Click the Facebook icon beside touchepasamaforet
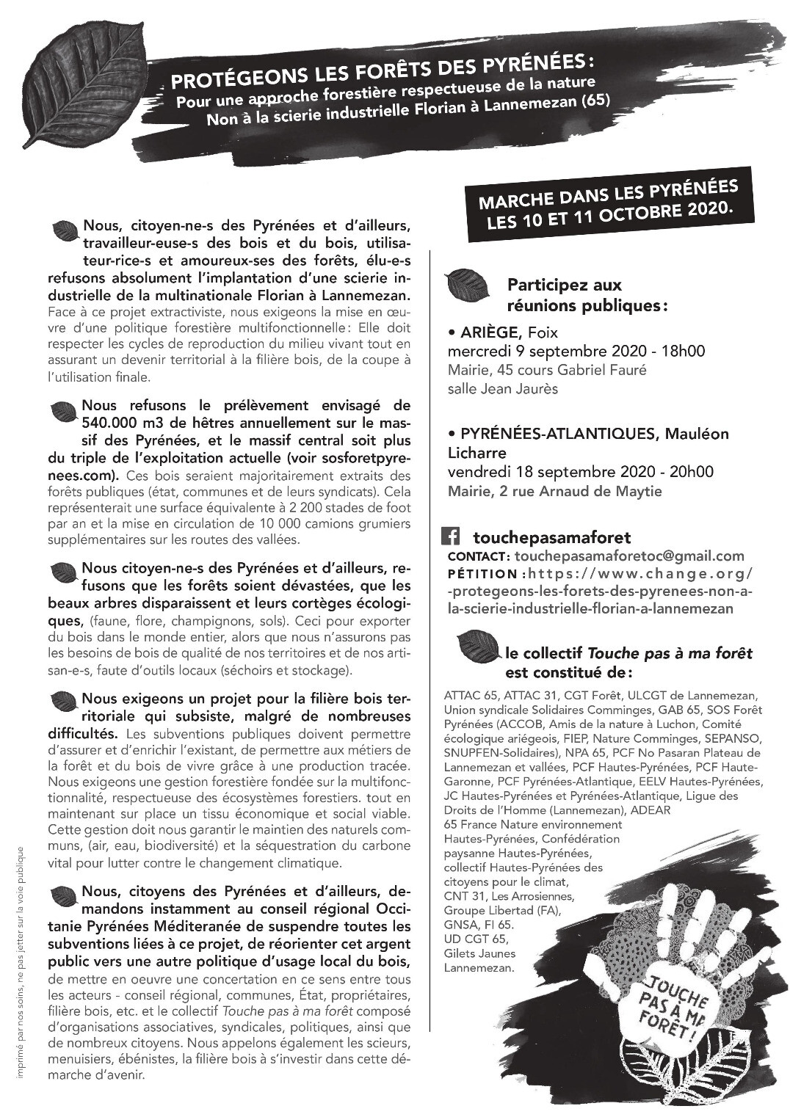click(450, 537)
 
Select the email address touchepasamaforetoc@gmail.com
click(629, 556)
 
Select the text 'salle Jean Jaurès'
click(502, 389)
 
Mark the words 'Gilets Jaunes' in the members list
click(479, 954)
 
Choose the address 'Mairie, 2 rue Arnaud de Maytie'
click(554, 491)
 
